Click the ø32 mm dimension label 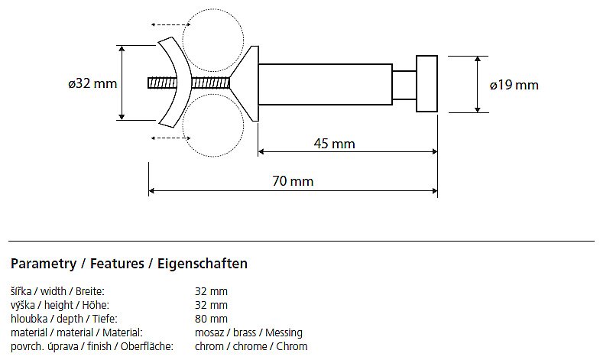click(92, 83)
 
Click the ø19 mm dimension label click(514, 85)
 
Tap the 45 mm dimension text click(335, 144)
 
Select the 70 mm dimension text click(293, 181)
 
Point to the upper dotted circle click(243, 41)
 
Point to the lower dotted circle click(243, 125)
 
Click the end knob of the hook click(426, 84)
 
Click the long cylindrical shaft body click(326, 84)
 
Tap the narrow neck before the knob click(404, 85)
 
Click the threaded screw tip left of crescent click(162, 83)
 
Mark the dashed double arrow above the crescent click(170, 25)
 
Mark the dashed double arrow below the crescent click(170, 138)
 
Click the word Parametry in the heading click(44, 264)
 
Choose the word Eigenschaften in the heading click(203, 264)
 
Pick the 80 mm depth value click(211, 319)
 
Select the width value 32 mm click(211, 291)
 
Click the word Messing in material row click(284, 332)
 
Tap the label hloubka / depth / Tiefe click(64, 319)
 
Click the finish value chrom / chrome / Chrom click(251, 346)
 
